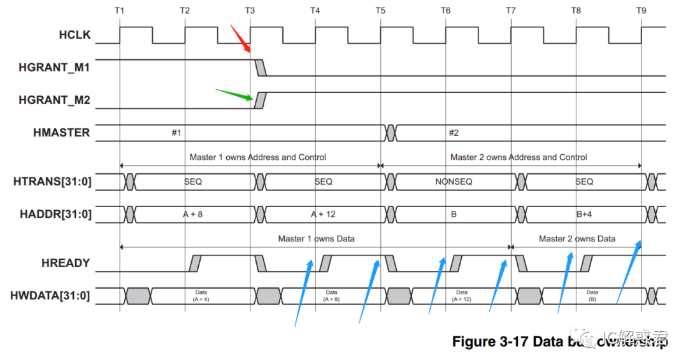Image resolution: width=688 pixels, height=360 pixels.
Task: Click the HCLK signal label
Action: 75,36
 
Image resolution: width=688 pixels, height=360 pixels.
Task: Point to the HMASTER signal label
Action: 61,133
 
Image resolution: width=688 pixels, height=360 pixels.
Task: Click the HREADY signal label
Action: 66,263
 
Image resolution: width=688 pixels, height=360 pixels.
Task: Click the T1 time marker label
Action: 119,11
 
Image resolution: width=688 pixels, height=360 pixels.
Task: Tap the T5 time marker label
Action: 380,11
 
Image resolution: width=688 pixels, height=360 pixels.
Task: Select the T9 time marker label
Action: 641,11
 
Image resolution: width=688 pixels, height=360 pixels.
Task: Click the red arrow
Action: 240,39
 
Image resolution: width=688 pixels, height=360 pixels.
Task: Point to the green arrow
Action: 234,96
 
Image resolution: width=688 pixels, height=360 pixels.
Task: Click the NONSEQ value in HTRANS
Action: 454,182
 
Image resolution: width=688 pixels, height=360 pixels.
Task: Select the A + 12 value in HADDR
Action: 323,214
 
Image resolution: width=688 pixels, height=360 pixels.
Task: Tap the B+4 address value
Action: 584,214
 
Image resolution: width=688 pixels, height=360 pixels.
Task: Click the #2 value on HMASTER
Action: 454,133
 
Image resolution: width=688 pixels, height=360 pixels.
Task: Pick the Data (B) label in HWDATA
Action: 592,295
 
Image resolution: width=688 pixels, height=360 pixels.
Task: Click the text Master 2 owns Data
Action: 577,239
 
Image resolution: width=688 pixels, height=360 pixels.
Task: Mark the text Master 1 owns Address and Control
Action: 258,157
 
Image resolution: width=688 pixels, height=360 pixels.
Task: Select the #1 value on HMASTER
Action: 176,133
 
